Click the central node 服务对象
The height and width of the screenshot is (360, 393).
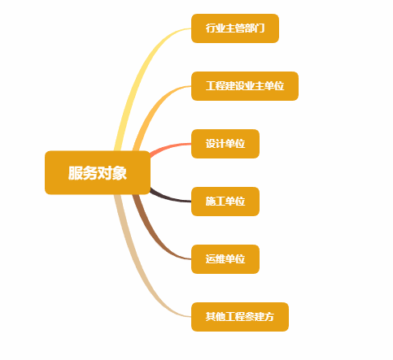pyautogui.click(x=98, y=172)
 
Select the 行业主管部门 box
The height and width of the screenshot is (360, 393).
pyautogui.click(x=235, y=28)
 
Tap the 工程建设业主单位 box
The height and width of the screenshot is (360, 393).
pyautogui.click(x=245, y=86)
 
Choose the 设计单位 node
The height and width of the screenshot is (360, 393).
pyautogui.click(x=225, y=144)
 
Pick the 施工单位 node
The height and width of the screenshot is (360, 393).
pyautogui.click(x=225, y=202)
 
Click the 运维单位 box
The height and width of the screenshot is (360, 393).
pyautogui.click(x=225, y=259)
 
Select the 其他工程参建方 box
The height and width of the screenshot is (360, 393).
pyautogui.click(x=240, y=317)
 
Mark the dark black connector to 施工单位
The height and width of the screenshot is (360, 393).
pyautogui.click(x=169, y=198)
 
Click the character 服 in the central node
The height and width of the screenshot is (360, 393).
pyautogui.click(x=76, y=173)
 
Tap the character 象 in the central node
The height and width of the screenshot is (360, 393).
pyautogui.click(x=120, y=173)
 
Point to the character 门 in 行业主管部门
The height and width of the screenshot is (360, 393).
pyautogui.click(x=260, y=28)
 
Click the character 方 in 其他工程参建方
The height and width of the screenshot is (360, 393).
pyautogui.click(x=269, y=317)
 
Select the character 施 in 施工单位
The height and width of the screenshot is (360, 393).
pyautogui.click(x=211, y=202)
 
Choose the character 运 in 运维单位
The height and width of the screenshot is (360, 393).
pyautogui.click(x=211, y=259)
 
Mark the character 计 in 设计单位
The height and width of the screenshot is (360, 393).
pyautogui.click(x=221, y=144)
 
